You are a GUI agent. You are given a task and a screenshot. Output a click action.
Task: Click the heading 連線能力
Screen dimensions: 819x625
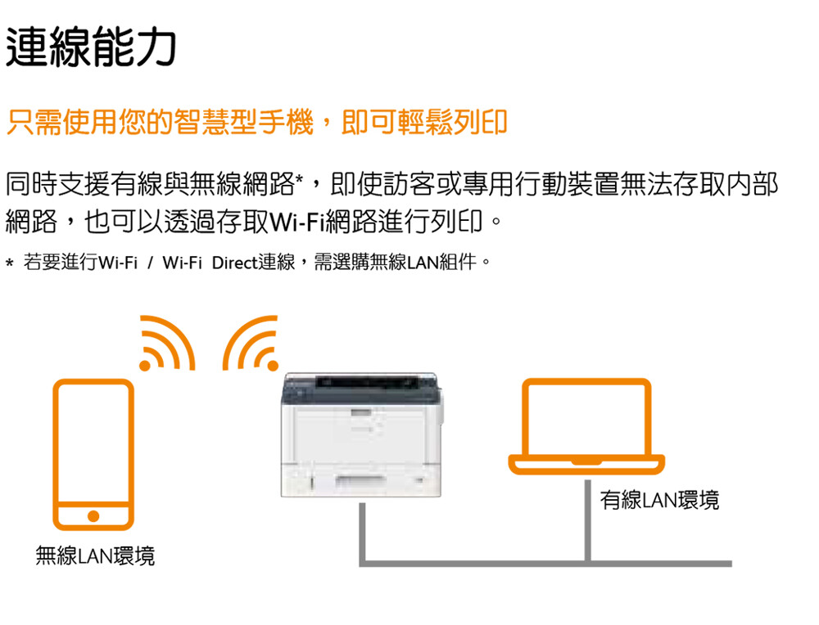[x=91, y=47]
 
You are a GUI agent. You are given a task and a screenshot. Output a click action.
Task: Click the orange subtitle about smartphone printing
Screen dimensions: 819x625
[x=257, y=123]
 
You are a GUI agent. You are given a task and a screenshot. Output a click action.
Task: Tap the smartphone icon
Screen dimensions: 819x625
[x=93, y=454]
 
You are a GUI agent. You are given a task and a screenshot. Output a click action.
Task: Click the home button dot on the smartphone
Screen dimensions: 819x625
[x=93, y=516]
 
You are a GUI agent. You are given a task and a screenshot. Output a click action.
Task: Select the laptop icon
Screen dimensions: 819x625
[x=586, y=426]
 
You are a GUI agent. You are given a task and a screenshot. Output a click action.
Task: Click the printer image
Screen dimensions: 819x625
[x=361, y=434]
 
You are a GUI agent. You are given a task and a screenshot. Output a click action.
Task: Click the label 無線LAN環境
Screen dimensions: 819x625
[x=95, y=555]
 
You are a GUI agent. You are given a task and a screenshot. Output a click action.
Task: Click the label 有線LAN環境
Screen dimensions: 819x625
[x=659, y=500]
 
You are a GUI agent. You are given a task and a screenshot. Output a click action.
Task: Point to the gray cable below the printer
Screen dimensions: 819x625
[x=362, y=533]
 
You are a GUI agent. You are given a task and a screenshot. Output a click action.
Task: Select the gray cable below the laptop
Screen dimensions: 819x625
[x=587, y=520]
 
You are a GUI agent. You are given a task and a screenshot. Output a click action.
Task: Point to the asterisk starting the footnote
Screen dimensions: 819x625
[x=9, y=263]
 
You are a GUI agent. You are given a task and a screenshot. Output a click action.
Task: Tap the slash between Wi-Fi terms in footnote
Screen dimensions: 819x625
[x=151, y=263]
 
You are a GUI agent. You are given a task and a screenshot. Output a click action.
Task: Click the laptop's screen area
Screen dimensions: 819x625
[x=586, y=418]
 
